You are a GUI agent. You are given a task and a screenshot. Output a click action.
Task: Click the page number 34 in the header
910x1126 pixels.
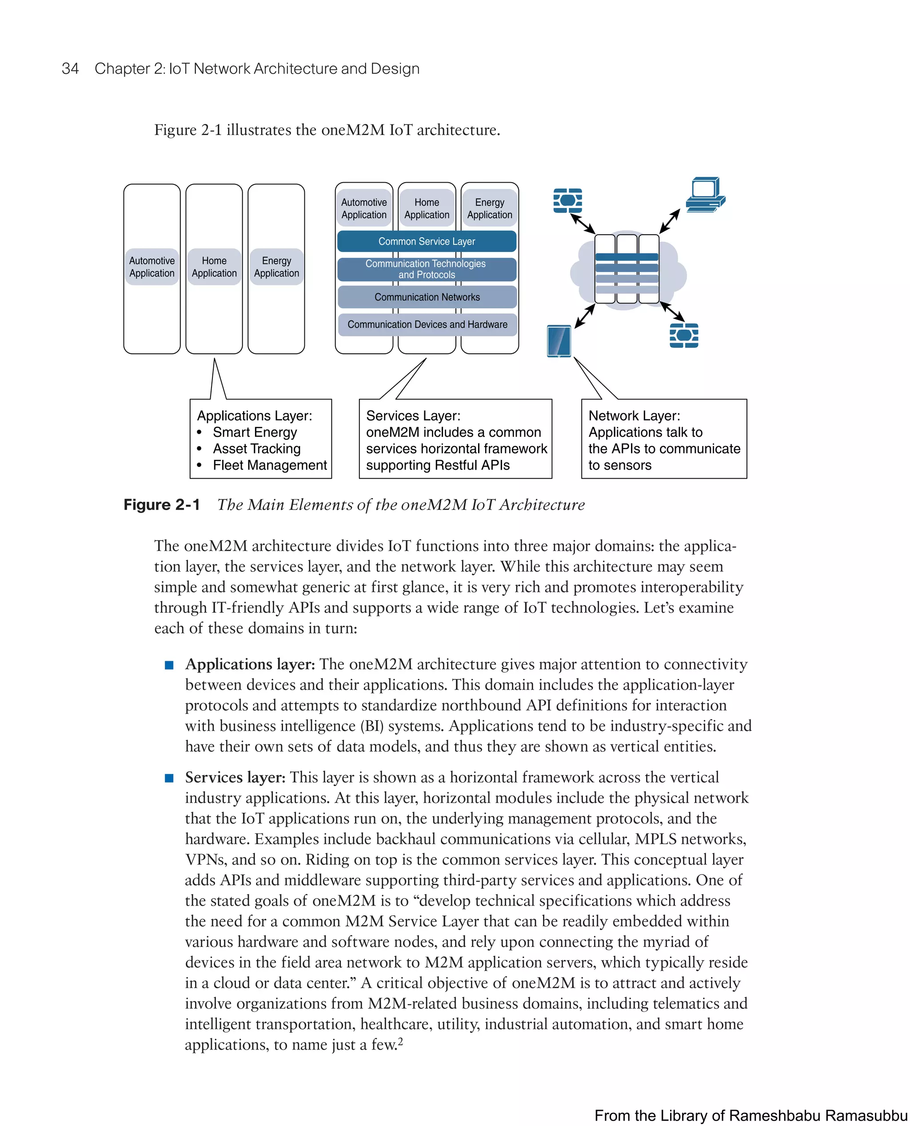tap(70, 69)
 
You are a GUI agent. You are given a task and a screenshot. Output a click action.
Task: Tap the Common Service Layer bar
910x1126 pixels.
tap(426, 241)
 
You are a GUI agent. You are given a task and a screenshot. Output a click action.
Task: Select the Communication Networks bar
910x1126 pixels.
tap(427, 297)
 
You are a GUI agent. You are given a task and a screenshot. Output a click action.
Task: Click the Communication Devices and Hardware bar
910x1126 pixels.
tap(427, 324)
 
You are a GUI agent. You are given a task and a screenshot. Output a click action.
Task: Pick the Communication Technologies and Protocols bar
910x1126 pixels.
tap(426, 269)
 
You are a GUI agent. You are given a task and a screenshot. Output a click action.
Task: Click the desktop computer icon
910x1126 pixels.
tap(705, 195)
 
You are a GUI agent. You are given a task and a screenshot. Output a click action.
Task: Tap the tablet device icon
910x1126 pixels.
tap(559, 341)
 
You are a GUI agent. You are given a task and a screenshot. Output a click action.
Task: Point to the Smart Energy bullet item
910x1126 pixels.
tap(255, 432)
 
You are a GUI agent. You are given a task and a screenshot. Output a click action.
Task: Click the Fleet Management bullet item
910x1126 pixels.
tap(269, 466)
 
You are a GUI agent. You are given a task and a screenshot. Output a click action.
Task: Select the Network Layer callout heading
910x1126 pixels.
tap(634, 416)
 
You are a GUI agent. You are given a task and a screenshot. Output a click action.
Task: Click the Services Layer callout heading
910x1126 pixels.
tap(413, 416)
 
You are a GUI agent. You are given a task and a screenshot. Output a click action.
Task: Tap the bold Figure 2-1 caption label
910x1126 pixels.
tap(161, 505)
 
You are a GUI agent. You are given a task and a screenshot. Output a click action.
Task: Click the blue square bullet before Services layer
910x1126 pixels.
tap(169, 778)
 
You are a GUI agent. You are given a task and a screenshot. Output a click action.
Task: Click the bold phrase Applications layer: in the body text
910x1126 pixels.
tap(250, 664)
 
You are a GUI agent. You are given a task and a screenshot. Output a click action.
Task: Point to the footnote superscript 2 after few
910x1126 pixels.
tap(400, 1041)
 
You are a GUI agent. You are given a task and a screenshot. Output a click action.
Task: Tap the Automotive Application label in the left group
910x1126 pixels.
tap(152, 267)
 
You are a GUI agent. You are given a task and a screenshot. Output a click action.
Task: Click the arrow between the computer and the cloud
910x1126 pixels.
tap(670, 221)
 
